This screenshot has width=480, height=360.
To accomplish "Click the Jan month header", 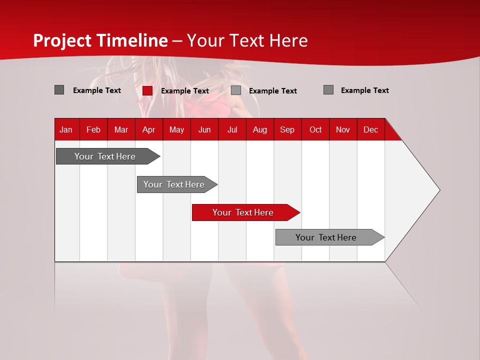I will (66, 129).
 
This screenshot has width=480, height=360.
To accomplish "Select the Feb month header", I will (93, 129).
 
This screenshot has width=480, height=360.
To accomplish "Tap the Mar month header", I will (121, 129).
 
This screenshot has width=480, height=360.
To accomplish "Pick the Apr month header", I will (148, 129).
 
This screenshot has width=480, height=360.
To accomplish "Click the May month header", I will (176, 129).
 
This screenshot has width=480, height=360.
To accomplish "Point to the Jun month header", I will (204, 129).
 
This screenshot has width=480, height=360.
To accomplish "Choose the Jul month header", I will (232, 129).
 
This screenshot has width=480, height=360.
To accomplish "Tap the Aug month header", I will (260, 129).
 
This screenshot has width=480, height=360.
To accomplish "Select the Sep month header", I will (287, 129).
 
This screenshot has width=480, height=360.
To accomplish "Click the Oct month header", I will (315, 129).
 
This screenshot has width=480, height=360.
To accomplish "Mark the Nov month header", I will (343, 129).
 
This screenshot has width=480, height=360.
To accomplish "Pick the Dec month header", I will (370, 129).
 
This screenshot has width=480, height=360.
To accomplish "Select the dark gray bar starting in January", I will (105, 156).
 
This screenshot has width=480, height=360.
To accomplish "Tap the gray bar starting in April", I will (174, 184).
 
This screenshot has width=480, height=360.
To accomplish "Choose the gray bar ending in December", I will (326, 237).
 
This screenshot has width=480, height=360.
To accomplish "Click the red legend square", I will (147, 90).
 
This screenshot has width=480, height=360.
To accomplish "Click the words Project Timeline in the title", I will (100, 40).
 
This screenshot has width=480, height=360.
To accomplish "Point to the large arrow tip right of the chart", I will (425, 190).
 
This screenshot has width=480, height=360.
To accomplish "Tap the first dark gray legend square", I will (59, 90).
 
